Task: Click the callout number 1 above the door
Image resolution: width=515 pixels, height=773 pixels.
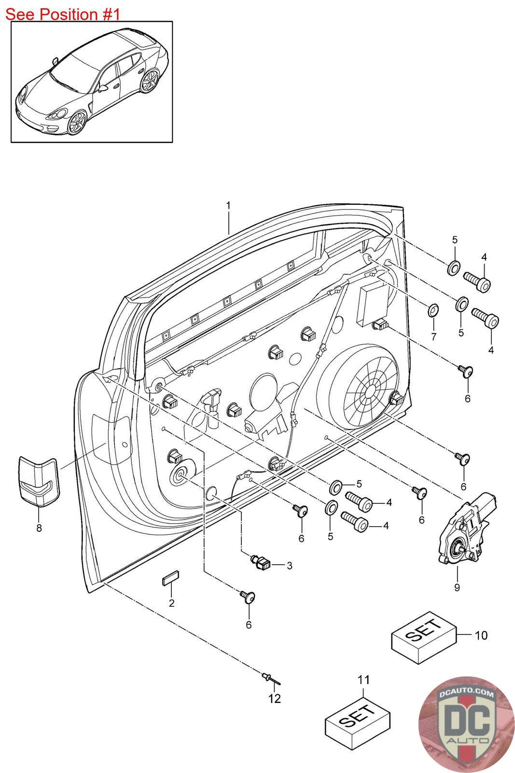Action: tap(228, 205)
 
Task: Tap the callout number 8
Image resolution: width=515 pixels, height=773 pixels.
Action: tap(39, 528)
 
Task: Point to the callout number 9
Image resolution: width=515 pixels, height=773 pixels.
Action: tap(457, 587)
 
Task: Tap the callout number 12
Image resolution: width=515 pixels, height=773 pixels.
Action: tap(275, 699)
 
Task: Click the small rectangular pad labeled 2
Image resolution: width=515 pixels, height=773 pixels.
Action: tap(170, 580)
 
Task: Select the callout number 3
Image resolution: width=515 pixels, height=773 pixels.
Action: tap(289, 566)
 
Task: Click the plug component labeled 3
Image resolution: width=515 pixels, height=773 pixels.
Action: tap(262, 562)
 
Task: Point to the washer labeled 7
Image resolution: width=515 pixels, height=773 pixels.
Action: tap(433, 310)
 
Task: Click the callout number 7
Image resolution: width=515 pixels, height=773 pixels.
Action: tap(433, 336)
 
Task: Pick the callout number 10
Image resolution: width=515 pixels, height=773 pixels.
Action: tap(481, 635)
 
